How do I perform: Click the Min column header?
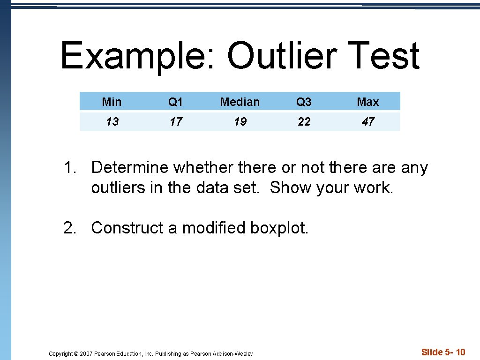(x=112, y=102)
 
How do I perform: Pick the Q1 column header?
(x=176, y=102)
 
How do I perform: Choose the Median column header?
(x=240, y=102)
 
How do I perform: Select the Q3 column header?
(x=304, y=102)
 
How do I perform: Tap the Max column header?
(x=368, y=102)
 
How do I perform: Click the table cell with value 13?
(x=112, y=122)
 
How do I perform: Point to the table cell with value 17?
(x=176, y=122)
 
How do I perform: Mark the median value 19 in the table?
(x=240, y=122)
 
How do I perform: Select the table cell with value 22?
(x=304, y=122)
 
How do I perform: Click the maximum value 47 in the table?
(x=368, y=122)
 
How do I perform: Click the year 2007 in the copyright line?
(x=86, y=354)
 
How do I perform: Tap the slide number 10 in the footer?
(x=460, y=352)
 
